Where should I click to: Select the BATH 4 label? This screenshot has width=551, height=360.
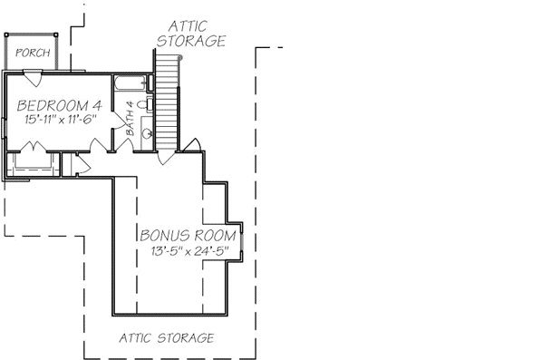coord(130,117)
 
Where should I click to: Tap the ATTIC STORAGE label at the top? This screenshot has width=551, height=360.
coord(191,34)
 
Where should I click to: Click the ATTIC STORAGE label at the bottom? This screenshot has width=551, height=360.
coord(168,337)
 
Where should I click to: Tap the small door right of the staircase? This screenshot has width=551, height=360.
coord(192,146)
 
